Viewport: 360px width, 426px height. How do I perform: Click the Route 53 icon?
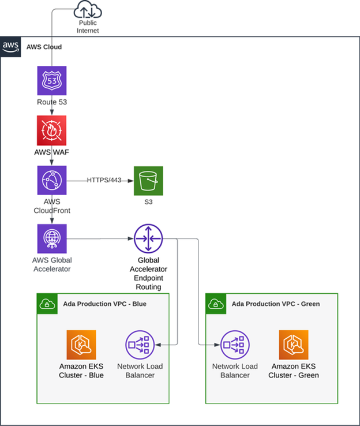[x=52, y=80]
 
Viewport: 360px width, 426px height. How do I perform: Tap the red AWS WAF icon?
[x=52, y=130]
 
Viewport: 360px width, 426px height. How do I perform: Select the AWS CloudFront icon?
[x=52, y=180]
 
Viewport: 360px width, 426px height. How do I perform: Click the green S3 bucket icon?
[x=148, y=181]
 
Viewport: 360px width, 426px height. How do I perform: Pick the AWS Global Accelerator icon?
[x=52, y=238]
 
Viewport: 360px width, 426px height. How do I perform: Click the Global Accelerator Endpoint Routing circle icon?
[x=148, y=238]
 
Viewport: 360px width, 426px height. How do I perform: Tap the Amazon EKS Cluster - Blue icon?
[x=81, y=345]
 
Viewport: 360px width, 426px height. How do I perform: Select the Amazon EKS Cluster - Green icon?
[x=294, y=345]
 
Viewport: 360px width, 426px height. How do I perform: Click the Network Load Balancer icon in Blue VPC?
[x=140, y=345]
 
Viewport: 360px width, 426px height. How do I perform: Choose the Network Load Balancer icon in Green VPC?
[x=235, y=345]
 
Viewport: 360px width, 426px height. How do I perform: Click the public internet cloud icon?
[x=88, y=12]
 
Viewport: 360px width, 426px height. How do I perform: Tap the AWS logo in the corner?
[x=11, y=46]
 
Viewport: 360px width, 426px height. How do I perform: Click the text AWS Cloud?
[x=44, y=46]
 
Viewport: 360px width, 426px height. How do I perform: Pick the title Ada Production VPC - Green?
[x=275, y=304]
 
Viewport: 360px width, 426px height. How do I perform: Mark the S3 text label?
[x=148, y=203]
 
